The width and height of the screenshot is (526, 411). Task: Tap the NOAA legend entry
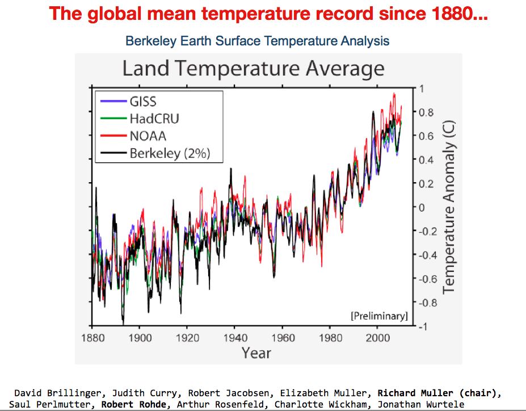[x=148, y=136]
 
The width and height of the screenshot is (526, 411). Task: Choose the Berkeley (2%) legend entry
[x=169, y=153]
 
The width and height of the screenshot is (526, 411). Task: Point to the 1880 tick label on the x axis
[x=92, y=338]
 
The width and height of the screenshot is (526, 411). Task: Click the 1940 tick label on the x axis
[x=235, y=338]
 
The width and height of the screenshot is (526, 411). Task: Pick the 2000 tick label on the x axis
[x=378, y=338]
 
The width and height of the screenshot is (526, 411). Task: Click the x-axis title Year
[x=256, y=353]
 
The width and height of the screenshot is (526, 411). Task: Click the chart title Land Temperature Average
[x=253, y=69]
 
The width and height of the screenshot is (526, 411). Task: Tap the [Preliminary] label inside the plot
[x=379, y=316]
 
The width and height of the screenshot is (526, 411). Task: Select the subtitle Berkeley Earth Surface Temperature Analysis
[x=257, y=41]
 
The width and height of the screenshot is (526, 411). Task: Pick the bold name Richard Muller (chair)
[x=440, y=393]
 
